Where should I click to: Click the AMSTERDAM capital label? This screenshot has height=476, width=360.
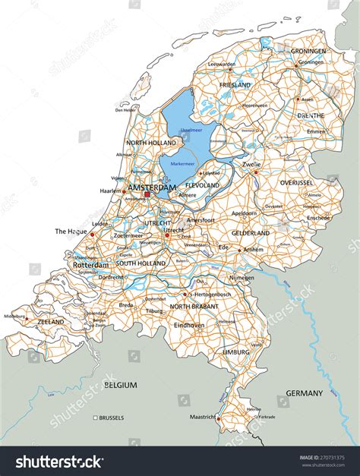click(x=152, y=187)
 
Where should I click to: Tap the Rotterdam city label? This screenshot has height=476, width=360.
click(x=91, y=265)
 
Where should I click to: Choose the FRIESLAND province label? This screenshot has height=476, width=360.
click(x=235, y=86)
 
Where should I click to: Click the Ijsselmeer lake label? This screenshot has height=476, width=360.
click(x=191, y=131)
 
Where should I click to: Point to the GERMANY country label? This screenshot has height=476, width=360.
click(x=304, y=393)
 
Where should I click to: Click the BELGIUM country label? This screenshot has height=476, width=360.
click(x=121, y=385)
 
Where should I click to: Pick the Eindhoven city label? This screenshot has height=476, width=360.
click(x=189, y=325)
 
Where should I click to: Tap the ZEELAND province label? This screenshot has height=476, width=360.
click(x=50, y=322)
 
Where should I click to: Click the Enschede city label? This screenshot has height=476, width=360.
click(x=318, y=217)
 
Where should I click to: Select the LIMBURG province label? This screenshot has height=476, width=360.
click(x=235, y=353)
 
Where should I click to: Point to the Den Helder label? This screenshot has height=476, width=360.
click(x=126, y=110)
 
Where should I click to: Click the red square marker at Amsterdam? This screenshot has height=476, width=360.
click(x=147, y=194)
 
